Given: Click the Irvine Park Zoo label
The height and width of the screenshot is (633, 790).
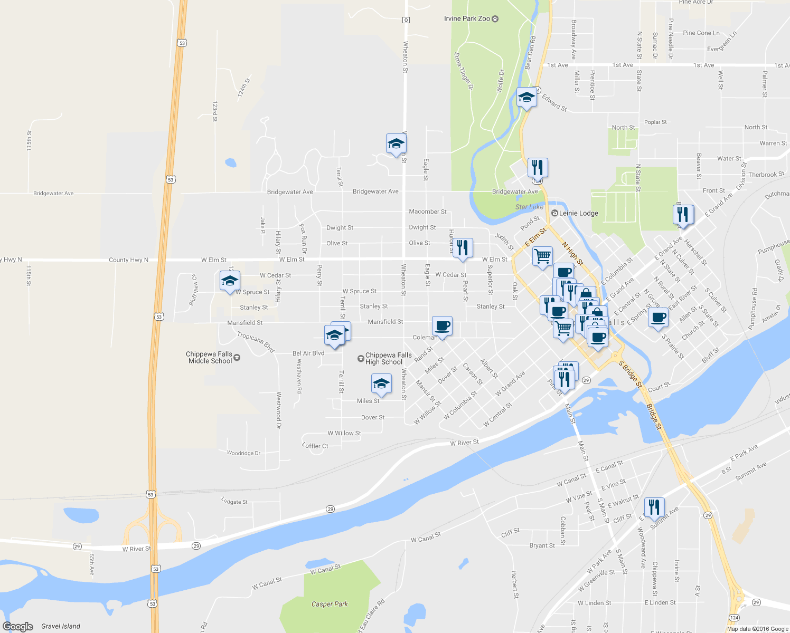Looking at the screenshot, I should pos(467,18).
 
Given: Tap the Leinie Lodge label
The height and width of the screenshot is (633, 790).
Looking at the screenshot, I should pos(578,213).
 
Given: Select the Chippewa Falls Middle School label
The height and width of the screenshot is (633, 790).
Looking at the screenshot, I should pos(210,358).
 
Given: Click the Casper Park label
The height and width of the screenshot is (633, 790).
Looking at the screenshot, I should pos(330,604).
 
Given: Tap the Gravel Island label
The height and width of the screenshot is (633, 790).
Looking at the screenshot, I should pos(61,626).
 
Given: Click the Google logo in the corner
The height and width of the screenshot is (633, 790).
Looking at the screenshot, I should pos(18,627).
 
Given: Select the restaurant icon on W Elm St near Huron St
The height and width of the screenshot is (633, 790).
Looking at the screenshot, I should pos(463,247).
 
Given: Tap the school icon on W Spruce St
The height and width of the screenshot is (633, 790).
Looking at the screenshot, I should pos(230,281).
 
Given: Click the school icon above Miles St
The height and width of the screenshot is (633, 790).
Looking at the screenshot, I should pos(381,384).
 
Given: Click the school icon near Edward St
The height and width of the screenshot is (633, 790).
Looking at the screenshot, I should pos(526,97).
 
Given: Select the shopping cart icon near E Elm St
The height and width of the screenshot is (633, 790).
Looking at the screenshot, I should pos(542,256).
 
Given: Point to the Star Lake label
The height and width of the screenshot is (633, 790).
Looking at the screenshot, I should pos(529,207).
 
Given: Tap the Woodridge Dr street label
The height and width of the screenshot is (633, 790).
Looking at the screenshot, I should pos(243,453).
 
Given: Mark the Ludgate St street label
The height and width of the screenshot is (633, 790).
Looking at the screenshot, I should pos(234,502).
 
